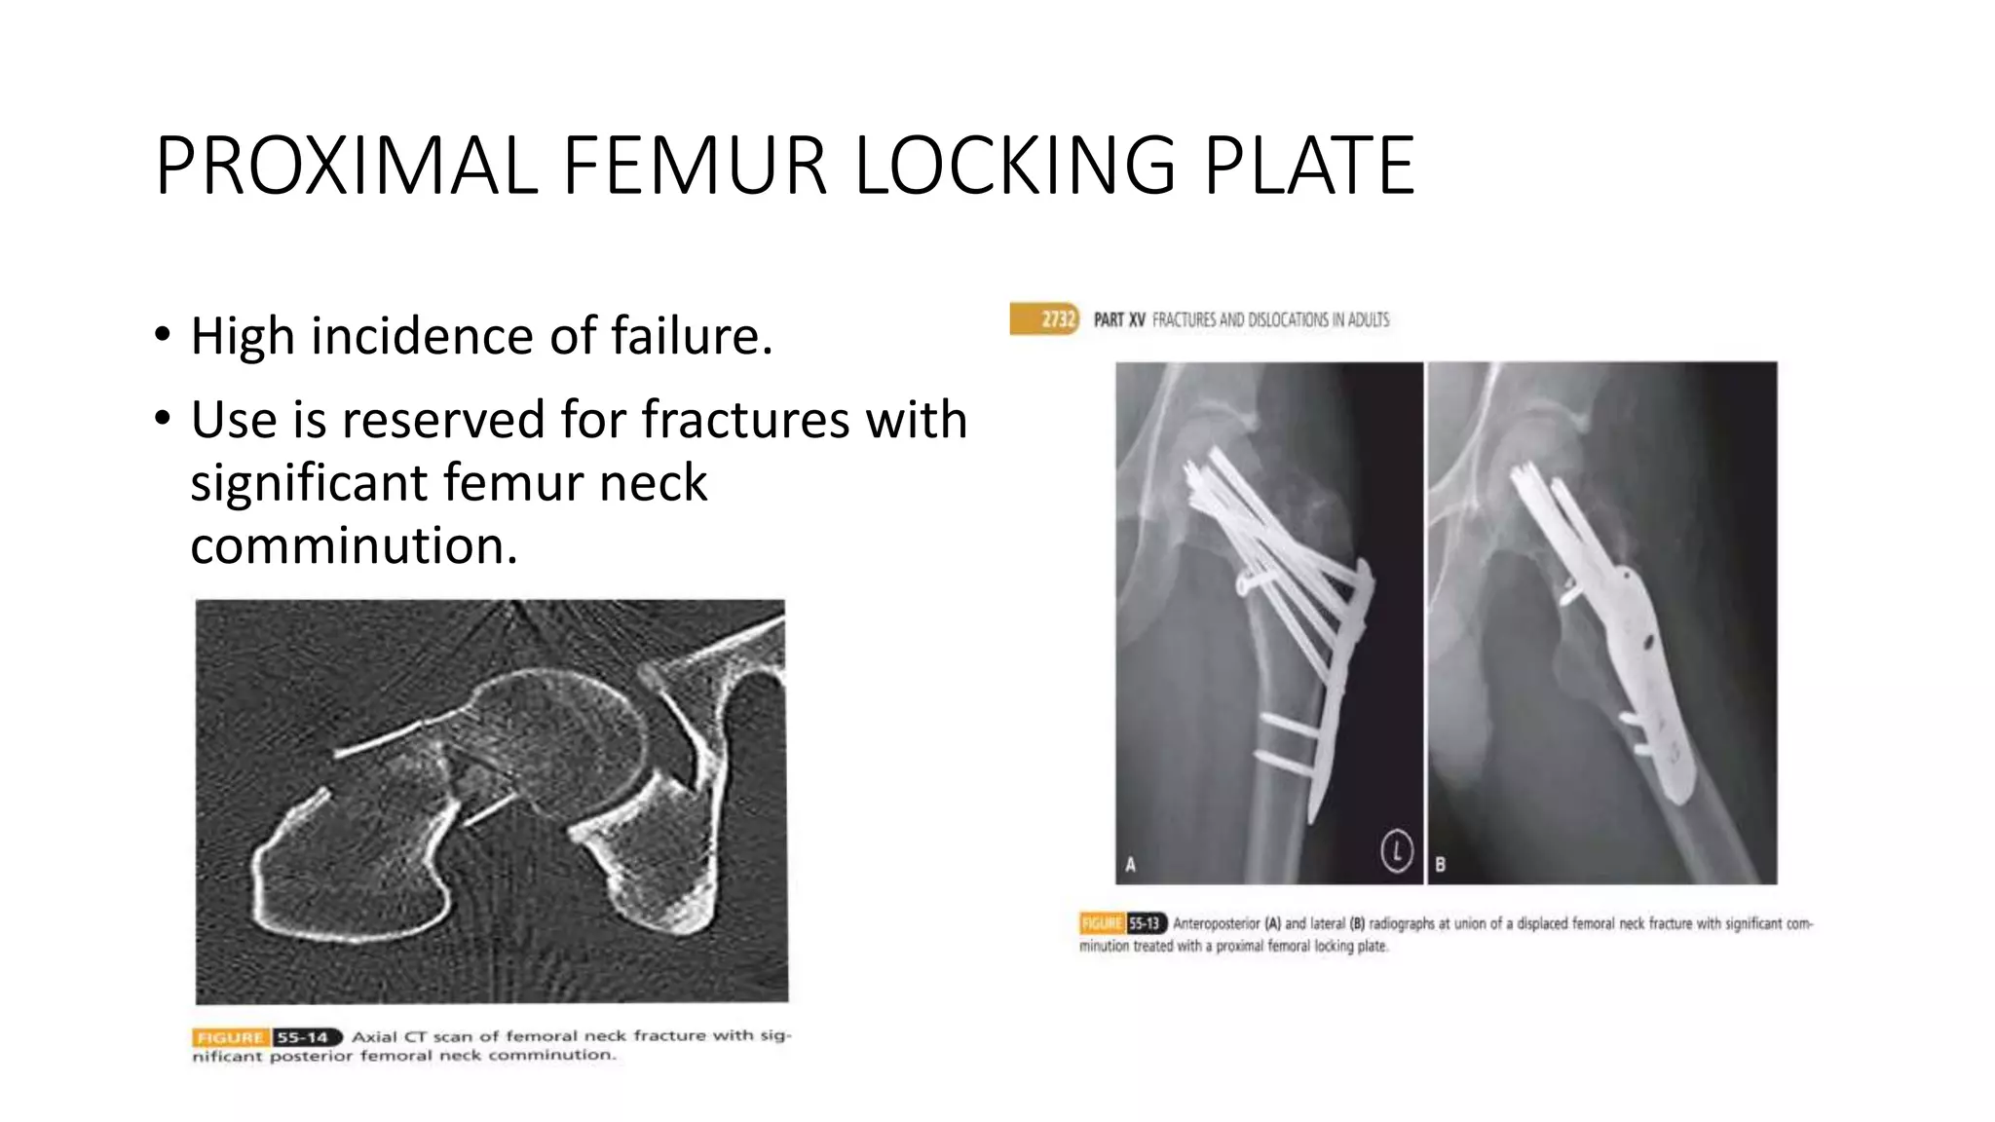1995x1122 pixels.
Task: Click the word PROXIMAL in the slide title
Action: tap(346, 167)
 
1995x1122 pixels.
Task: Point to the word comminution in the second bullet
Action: tap(354, 545)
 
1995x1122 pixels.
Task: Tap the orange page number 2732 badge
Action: tap(1056, 319)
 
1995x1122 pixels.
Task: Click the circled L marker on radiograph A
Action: tap(1396, 851)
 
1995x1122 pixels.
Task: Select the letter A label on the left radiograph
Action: tap(1131, 864)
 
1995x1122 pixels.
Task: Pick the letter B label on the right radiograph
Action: tap(1440, 864)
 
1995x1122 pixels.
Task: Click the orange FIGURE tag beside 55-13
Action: tap(1102, 923)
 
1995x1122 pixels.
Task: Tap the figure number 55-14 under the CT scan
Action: tap(303, 1037)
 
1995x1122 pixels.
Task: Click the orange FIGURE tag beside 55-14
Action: tap(230, 1037)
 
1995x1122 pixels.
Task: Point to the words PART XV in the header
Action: tap(1119, 319)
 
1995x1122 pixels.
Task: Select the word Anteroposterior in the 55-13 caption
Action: tap(1216, 923)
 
